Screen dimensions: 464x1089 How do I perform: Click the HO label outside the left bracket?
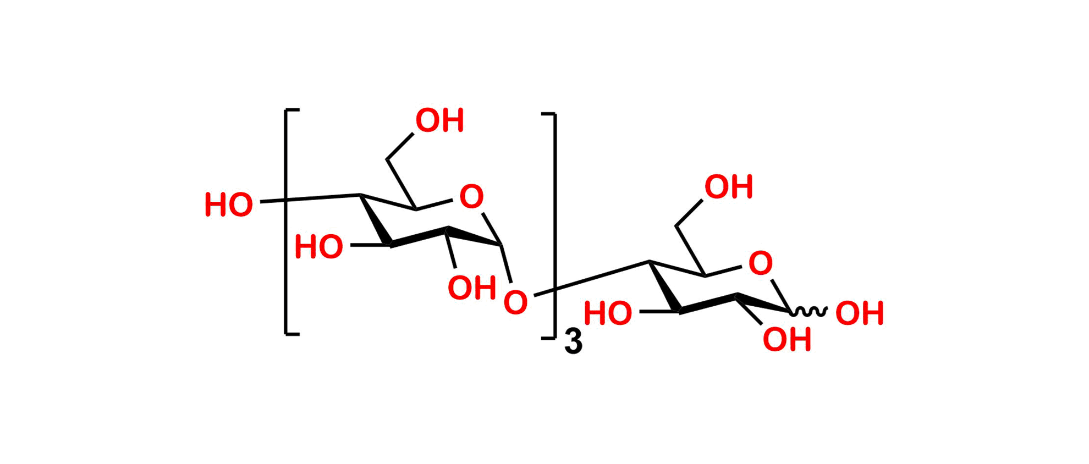point(229,205)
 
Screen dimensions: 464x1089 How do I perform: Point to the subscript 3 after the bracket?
point(574,342)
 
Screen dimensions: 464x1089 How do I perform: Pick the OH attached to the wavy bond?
point(860,313)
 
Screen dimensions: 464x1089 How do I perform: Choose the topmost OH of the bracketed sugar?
point(439,120)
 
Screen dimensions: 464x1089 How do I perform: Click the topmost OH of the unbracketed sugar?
point(729,187)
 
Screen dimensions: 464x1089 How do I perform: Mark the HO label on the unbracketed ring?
point(608,313)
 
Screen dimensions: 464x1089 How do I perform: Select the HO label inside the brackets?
point(319,246)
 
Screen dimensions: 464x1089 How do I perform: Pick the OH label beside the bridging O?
point(471,287)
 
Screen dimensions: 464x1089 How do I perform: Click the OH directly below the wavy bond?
point(787,339)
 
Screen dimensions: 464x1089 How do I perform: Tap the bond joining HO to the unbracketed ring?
point(658,313)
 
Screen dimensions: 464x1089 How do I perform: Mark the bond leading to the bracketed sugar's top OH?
point(400,146)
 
